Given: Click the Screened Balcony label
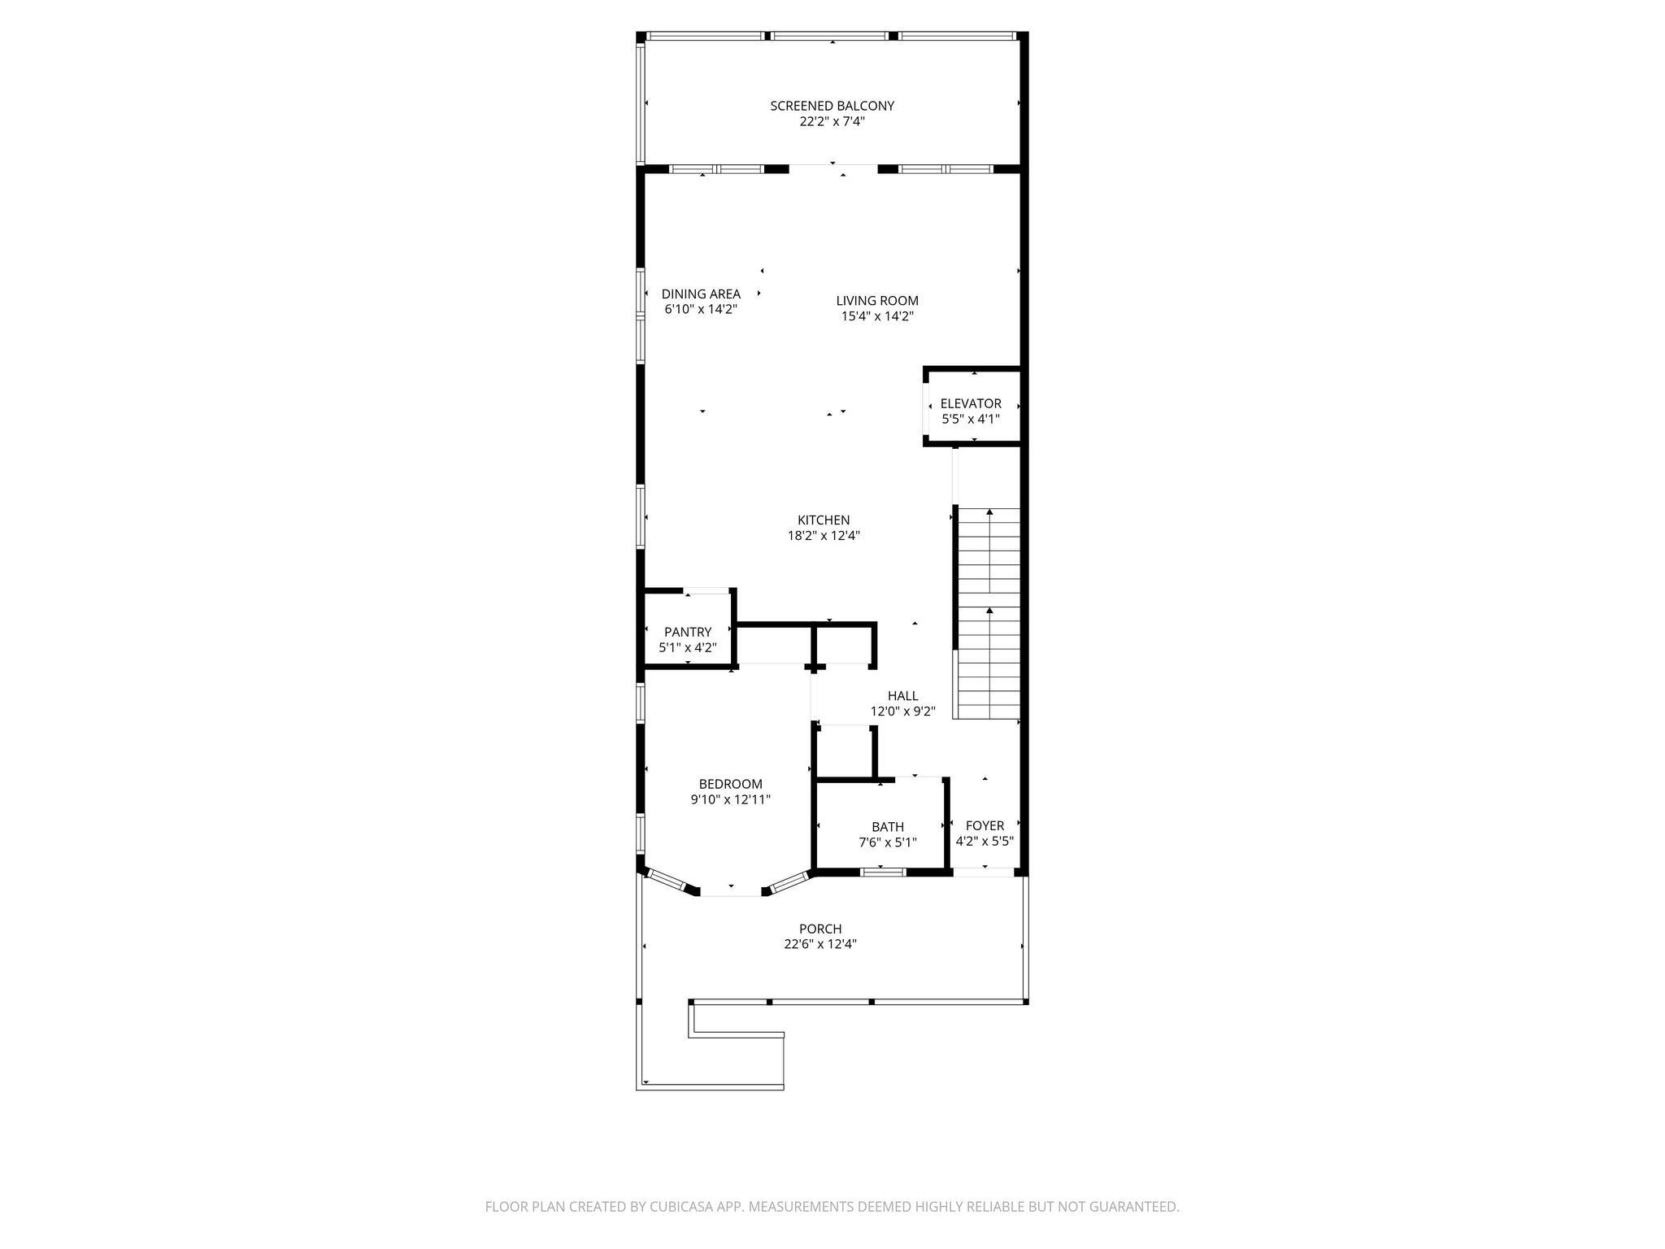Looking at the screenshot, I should click(832, 106).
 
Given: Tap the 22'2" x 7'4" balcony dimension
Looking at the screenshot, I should click(832, 122).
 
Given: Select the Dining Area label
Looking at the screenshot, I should click(701, 294).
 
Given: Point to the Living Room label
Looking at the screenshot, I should click(877, 301).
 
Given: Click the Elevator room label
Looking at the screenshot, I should click(971, 403).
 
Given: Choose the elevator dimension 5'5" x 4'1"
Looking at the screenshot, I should click(971, 420).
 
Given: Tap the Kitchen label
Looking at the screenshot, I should click(824, 520).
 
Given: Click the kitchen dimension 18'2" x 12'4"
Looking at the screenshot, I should click(824, 536).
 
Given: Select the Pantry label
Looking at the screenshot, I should click(688, 632).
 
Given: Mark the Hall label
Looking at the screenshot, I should click(902, 696).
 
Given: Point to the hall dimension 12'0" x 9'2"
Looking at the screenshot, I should click(902, 712).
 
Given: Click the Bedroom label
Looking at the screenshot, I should click(731, 784).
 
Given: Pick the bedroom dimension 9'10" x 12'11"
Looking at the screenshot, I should click(731, 800).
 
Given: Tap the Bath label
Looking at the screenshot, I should click(888, 827).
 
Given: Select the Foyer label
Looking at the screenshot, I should click(985, 826).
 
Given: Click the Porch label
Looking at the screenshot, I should click(820, 929).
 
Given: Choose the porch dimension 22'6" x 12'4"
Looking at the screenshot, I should click(820, 944).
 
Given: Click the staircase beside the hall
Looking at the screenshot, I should click(988, 614).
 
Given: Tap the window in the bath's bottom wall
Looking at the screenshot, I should click(883, 873).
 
